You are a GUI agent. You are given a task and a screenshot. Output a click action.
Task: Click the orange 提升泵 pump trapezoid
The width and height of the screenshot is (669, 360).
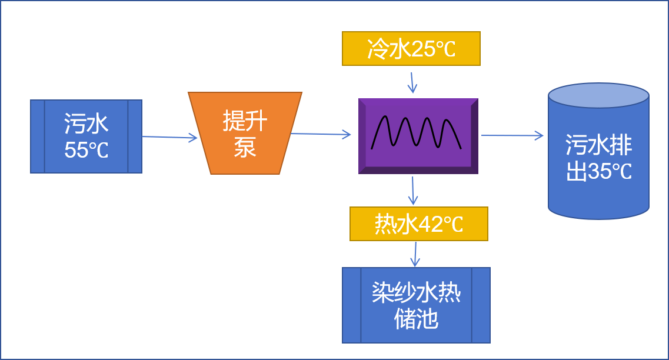tap(245, 133)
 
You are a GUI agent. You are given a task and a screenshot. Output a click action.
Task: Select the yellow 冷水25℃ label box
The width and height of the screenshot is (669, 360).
tap(411, 48)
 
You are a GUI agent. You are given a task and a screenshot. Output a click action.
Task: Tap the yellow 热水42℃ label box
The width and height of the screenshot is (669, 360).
tap(418, 224)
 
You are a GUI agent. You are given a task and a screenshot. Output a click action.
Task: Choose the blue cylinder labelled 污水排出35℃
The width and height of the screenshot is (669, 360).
tap(598, 159)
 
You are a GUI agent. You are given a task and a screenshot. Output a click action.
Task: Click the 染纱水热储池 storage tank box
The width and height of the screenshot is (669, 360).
tap(416, 305)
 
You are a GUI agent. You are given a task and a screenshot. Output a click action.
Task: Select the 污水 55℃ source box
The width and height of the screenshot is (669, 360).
tap(86, 136)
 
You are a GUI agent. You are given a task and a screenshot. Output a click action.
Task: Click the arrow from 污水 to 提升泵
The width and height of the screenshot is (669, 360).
tap(170, 138)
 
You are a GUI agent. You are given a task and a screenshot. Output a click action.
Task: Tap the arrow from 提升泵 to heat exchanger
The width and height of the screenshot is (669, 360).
tap(321, 135)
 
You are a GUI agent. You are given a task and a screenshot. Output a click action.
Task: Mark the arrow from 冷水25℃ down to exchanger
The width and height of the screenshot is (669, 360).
tap(412, 82)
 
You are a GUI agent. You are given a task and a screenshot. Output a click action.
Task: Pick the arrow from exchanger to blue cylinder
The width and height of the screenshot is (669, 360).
tap(512, 136)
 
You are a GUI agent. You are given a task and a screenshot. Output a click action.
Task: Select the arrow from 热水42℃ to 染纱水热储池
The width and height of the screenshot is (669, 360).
tap(415, 254)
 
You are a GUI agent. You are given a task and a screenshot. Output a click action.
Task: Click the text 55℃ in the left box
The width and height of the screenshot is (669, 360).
tap(86, 151)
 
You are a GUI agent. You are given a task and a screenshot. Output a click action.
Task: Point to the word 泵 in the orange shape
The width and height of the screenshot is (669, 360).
tap(245, 147)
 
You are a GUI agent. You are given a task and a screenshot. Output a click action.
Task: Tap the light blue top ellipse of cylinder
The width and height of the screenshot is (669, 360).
tap(598, 95)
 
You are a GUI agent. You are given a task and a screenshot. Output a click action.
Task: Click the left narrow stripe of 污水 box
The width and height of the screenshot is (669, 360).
tap(38, 136)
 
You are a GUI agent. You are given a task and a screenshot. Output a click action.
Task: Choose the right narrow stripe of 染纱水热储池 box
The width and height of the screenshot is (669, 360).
tap(481, 305)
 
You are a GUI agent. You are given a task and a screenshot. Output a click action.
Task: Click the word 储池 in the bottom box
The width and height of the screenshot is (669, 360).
tap(416, 319)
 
